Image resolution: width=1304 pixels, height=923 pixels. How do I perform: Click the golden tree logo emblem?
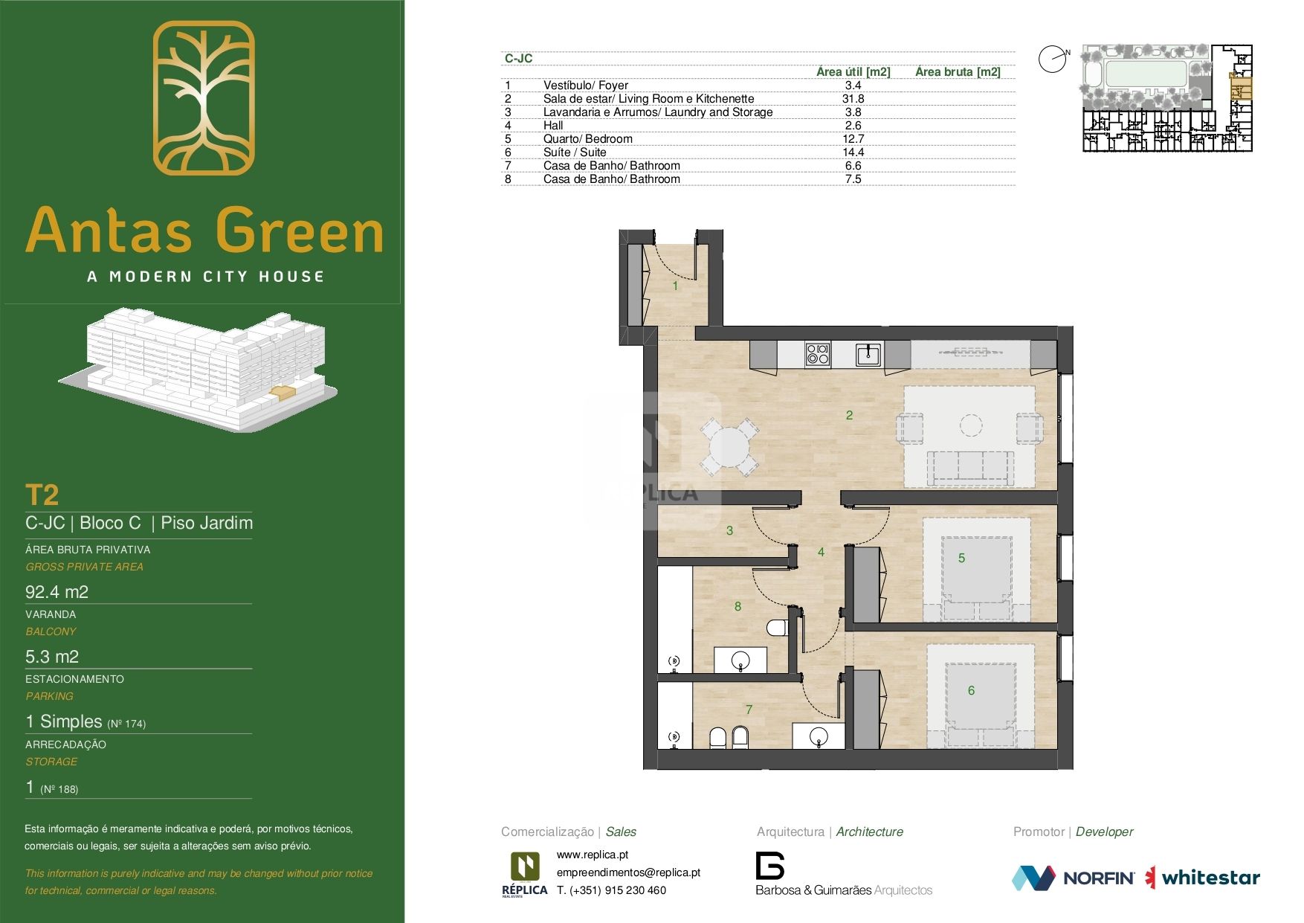(x=204, y=97)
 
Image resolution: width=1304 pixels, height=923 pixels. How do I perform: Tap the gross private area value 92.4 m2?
(x=57, y=592)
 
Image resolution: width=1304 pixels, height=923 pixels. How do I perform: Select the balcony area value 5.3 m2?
(x=52, y=657)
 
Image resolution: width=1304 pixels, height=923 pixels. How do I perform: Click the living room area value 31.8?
(x=853, y=99)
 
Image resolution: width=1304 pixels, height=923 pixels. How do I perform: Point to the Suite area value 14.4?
(x=853, y=152)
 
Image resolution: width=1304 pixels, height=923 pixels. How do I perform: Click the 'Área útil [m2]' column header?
(x=853, y=72)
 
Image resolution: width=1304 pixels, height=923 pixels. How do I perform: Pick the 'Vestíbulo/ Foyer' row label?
(x=585, y=86)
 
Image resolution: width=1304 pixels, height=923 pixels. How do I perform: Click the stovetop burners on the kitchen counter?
(x=818, y=353)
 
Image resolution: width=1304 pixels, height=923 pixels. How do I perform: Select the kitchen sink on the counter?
(x=868, y=354)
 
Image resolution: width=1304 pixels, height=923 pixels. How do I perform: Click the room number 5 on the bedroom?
(x=961, y=558)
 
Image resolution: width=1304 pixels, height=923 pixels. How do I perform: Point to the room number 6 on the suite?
(x=971, y=691)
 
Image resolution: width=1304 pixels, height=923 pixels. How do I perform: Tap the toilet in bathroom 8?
(x=777, y=627)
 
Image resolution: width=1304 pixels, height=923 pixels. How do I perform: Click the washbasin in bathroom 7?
(x=818, y=737)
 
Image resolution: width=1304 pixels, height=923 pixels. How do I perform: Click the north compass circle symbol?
(x=1053, y=60)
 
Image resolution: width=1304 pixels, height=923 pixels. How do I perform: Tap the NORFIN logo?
(x=1073, y=878)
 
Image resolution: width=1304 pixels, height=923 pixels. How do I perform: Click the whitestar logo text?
(x=1210, y=878)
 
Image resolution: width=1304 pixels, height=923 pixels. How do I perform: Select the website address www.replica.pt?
(x=593, y=855)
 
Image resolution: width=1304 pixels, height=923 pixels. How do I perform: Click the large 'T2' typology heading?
(x=42, y=495)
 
